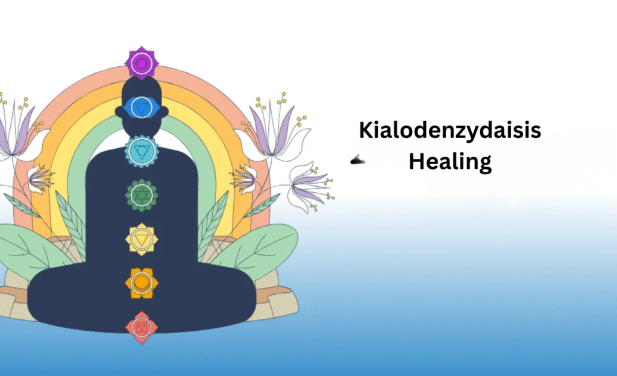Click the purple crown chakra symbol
click(x=142, y=63)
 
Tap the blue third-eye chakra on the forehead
click(x=142, y=107)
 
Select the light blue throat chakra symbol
click(x=142, y=151)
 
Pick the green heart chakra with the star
click(x=142, y=195)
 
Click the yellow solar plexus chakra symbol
click(x=142, y=239)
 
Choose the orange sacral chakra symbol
click(x=142, y=283)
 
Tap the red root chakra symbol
click(x=142, y=327)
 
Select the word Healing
click(x=449, y=161)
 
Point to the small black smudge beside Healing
click(x=357, y=160)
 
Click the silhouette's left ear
click(x=119, y=111)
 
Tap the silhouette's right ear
click(x=165, y=111)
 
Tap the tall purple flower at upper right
click(x=272, y=127)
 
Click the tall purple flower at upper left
click(x=17, y=126)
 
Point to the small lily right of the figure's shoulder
click(x=243, y=180)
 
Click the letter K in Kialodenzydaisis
click(x=366, y=130)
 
